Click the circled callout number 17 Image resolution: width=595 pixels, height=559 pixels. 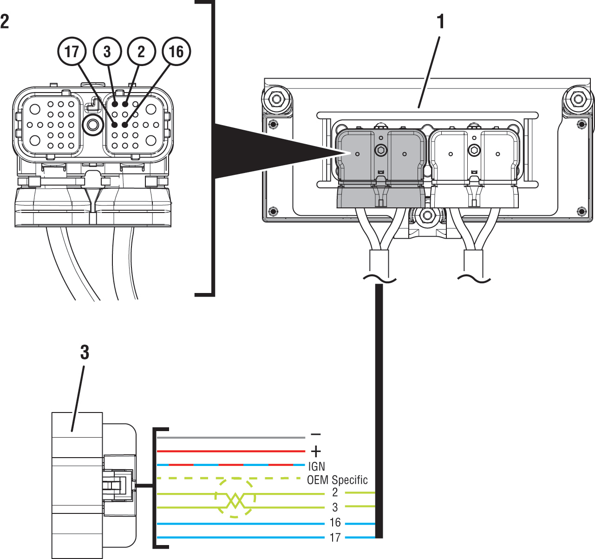[72, 51]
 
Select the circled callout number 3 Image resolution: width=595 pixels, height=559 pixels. [107, 51]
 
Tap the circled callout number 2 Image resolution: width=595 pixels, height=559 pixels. [141, 51]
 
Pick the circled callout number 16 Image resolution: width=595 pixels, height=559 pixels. [176, 51]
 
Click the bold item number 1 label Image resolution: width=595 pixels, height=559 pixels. [440, 21]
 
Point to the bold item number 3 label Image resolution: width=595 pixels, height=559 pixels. [85, 352]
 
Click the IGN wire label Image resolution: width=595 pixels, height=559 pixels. [317, 466]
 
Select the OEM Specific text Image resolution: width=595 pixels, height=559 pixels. [337, 480]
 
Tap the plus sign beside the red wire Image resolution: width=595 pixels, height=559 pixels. [316, 451]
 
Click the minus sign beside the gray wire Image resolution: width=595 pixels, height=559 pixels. [316, 434]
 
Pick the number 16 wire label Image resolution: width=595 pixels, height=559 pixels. [335, 522]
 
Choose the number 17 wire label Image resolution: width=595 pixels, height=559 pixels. [335, 538]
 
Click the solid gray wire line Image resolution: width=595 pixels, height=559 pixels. [231, 438]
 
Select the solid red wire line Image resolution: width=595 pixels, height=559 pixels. [231, 451]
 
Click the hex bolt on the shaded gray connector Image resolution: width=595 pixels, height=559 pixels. [381, 150]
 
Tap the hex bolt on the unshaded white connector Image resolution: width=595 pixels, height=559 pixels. [474, 150]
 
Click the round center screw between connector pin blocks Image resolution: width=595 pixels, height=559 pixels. [93, 125]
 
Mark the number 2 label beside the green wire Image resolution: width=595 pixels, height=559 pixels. [335, 492]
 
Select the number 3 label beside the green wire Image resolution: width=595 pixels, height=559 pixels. [335, 507]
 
